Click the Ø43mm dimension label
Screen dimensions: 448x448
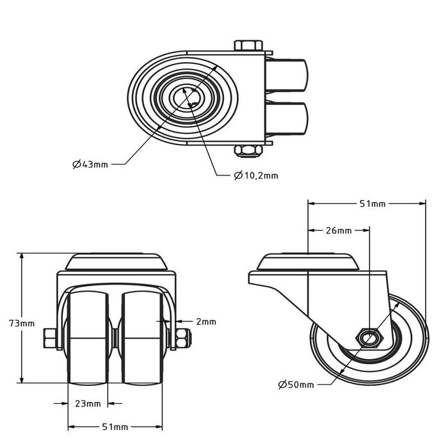90,164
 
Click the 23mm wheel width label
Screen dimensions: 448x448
88,403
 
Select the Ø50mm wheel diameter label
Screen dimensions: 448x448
296,384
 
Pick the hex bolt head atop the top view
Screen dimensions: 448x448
248,45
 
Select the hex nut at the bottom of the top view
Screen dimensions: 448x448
248,151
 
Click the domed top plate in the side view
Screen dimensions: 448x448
307,262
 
